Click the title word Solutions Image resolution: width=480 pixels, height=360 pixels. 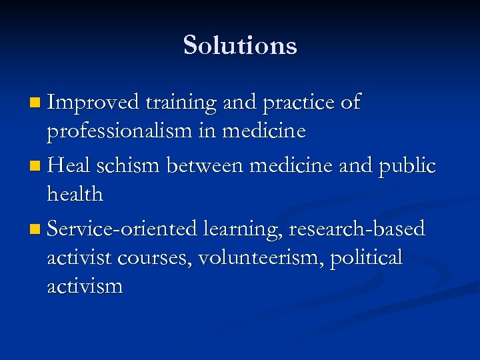point(240,45)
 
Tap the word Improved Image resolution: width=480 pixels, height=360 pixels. point(93,103)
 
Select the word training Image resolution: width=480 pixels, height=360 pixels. point(181,103)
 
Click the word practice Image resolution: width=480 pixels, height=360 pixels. point(298,103)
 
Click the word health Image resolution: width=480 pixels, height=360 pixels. point(75,195)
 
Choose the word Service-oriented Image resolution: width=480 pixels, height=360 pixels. point(123,229)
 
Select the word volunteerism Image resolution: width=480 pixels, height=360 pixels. point(259,258)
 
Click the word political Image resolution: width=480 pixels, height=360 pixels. point(367,258)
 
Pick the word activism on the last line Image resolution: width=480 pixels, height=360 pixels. point(85,287)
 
